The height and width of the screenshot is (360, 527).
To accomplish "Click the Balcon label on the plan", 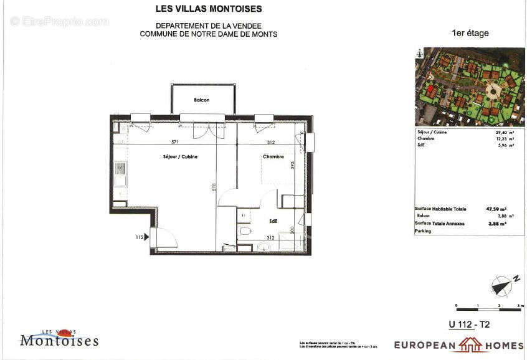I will [x=201, y=100].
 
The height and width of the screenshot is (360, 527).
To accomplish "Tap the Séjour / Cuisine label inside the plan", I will [x=176, y=157].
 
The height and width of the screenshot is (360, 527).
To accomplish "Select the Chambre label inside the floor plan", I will [x=273, y=157].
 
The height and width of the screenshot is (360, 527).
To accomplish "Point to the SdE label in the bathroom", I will [x=273, y=220].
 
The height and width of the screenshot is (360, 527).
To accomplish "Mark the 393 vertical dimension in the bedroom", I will [x=291, y=165].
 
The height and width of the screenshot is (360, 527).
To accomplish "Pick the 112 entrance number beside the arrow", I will [x=140, y=237].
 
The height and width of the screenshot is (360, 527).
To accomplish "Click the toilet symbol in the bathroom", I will [x=245, y=231].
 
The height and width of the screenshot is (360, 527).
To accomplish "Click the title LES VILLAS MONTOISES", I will [x=208, y=9].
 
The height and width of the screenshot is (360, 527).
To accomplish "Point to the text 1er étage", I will [x=470, y=34].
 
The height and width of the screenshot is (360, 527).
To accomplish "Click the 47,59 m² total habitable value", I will [x=496, y=210].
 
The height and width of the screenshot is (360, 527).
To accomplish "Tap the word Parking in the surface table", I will [x=423, y=231].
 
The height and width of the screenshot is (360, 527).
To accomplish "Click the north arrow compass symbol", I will [x=501, y=285].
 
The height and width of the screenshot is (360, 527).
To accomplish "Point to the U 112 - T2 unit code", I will [x=469, y=324].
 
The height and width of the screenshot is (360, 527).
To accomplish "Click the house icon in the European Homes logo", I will [x=471, y=344].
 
